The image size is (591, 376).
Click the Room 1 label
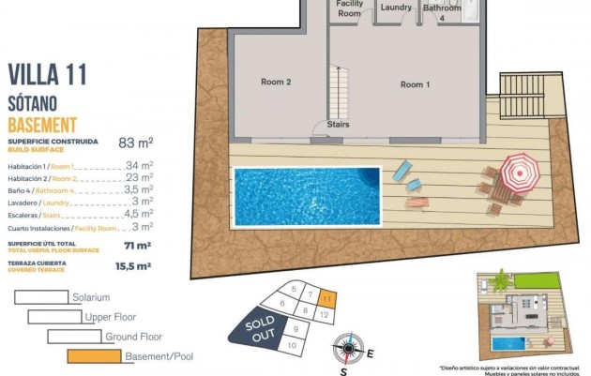[415, 84]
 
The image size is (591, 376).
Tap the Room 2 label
[276, 83]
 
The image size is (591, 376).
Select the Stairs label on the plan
[339, 124]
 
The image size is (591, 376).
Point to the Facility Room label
[350, 8]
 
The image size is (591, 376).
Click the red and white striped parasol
[516, 171]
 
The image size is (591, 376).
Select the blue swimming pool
[307, 195]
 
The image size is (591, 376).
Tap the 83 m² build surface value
[136, 143]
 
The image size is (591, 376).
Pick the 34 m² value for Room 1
[139, 165]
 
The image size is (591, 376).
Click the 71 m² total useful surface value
[139, 246]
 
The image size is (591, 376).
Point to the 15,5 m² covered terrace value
[133, 266]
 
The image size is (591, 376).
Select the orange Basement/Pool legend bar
[95, 356]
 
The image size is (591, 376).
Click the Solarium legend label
[91, 297]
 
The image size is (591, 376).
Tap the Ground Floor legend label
[134, 337]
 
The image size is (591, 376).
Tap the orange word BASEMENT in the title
[42, 126]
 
